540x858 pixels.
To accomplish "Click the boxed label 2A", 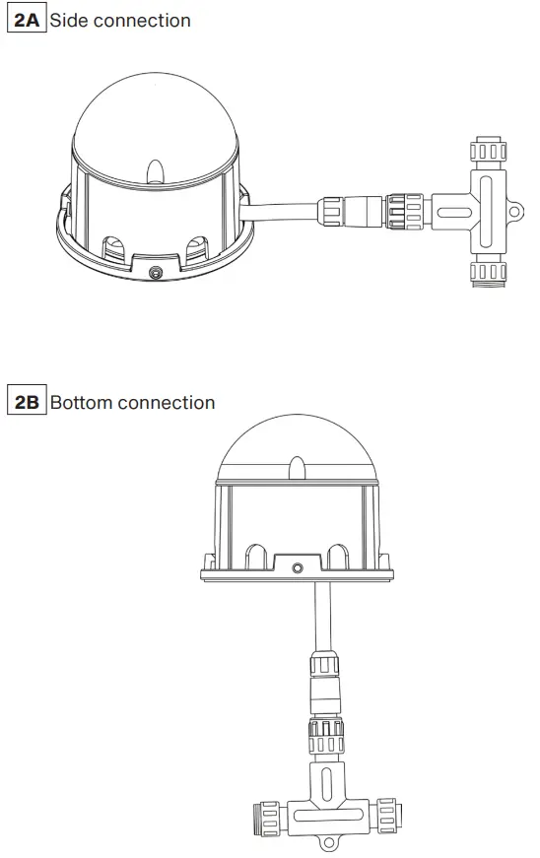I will (x=27, y=20).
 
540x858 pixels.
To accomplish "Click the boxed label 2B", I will (x=27, y=402).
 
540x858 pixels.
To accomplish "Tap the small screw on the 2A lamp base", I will (x=153, y=271).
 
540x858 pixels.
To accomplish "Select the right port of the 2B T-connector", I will (x=386, y=816).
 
